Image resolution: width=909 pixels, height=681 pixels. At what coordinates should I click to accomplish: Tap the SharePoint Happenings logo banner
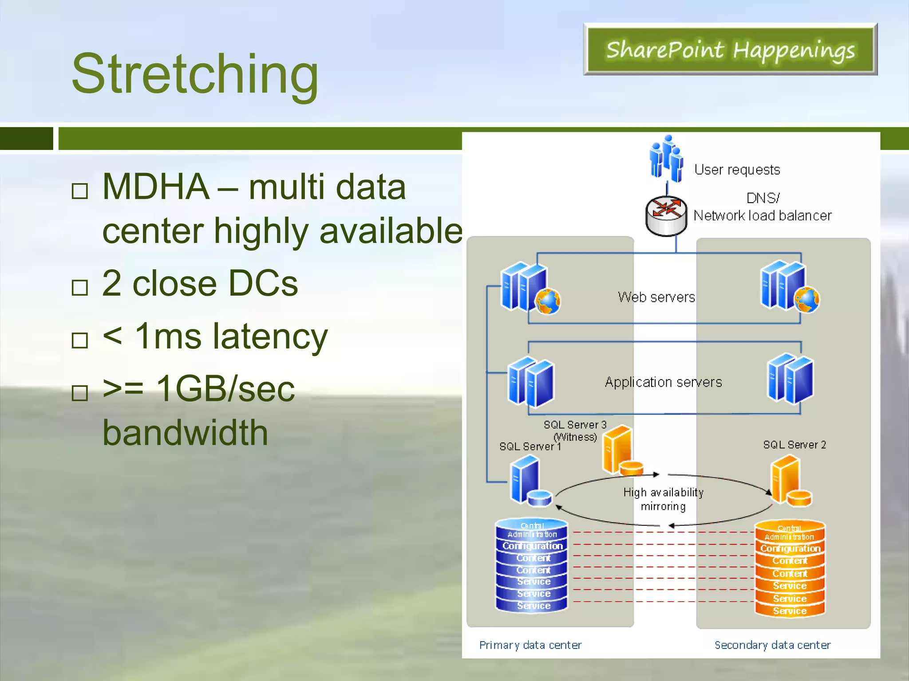(730, 50)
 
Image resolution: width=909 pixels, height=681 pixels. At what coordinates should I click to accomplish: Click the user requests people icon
(666, 159)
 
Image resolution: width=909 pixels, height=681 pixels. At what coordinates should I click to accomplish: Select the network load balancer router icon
(666, 216)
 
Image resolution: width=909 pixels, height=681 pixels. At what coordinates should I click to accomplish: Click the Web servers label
(656, 297)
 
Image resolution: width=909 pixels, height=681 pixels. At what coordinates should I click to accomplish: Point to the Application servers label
(663, 382)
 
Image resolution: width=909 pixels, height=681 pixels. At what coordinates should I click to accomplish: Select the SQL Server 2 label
(794, 445)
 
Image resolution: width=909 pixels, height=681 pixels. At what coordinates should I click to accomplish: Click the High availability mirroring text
(663, 499)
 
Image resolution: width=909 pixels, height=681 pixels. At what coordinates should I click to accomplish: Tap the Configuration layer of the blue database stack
(532, 546)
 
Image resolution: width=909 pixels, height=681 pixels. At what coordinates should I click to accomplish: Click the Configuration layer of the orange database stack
(790, 549)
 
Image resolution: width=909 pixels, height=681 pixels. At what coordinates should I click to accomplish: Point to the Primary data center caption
(530, 645)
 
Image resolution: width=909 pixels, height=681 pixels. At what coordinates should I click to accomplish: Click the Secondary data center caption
(772, 645)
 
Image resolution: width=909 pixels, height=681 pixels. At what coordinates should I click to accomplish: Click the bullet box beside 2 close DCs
(80, 288)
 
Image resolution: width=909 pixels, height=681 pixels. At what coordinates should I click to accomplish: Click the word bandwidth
(186, 433)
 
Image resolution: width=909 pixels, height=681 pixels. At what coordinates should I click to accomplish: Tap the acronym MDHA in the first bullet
(155, 187)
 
